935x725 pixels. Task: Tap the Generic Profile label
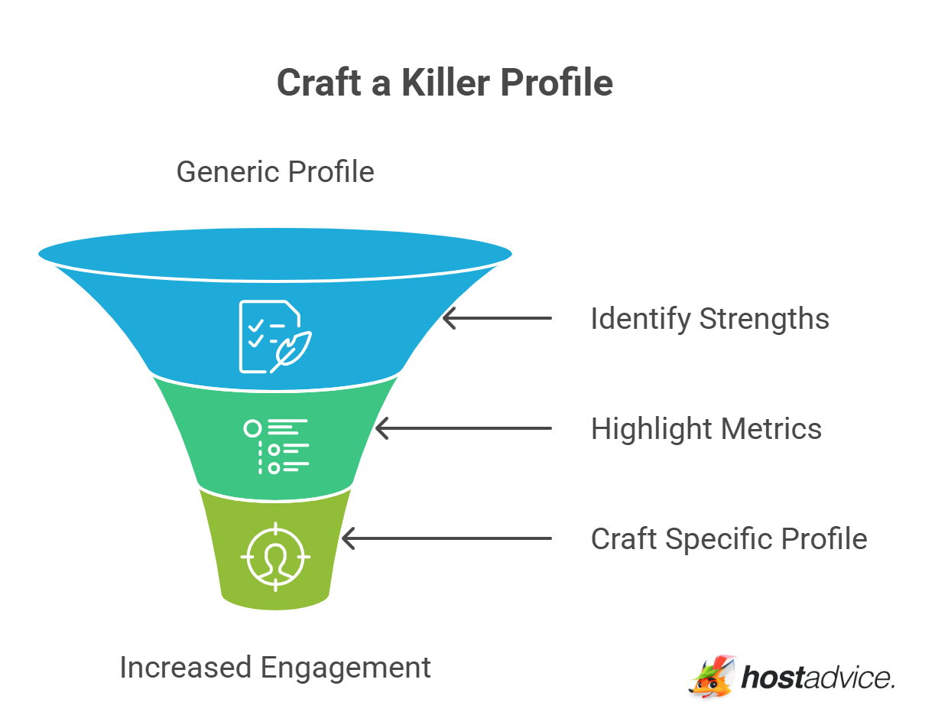coord(275,172)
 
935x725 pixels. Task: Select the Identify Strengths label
coord(710,319)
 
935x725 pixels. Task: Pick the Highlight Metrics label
coord(706,429)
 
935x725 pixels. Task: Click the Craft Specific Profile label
coord(729,539)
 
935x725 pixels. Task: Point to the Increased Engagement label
coord(275,668)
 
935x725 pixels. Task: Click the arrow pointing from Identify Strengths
coord(497,318)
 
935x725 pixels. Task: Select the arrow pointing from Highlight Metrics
coord(463,428)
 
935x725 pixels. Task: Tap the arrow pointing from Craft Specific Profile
coord(446,538)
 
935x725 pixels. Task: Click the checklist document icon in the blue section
coord(275,336)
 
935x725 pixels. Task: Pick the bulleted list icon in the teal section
coord(276,447)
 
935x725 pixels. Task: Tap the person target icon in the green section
coord(275,557)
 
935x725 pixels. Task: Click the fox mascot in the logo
coord(713,676)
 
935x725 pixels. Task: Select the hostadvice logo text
coord(818,678)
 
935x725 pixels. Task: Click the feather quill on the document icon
coord(291,352)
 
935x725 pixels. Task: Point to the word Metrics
coord(771,429)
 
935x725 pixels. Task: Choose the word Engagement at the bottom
coord(346,669)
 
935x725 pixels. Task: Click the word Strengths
coord(765,320)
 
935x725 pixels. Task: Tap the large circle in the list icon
coord(252,428)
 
